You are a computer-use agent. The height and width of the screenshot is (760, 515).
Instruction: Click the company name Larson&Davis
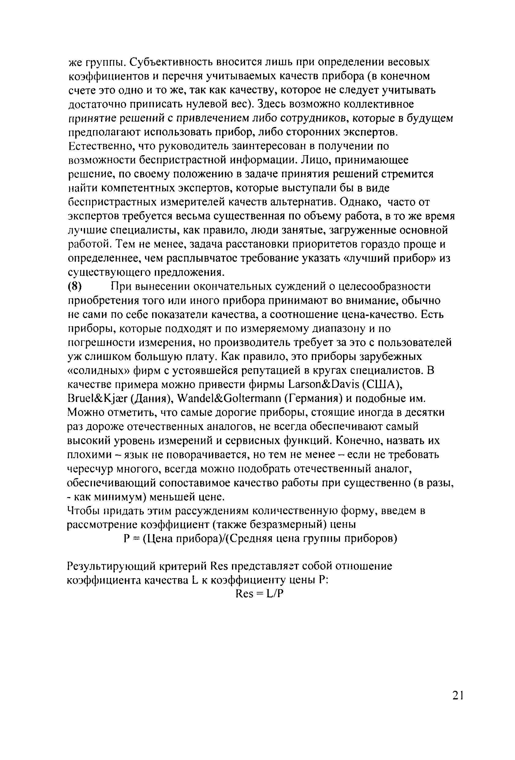tap(324, 384)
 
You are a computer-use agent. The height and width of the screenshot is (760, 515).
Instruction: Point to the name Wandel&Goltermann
tap(229, 399)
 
